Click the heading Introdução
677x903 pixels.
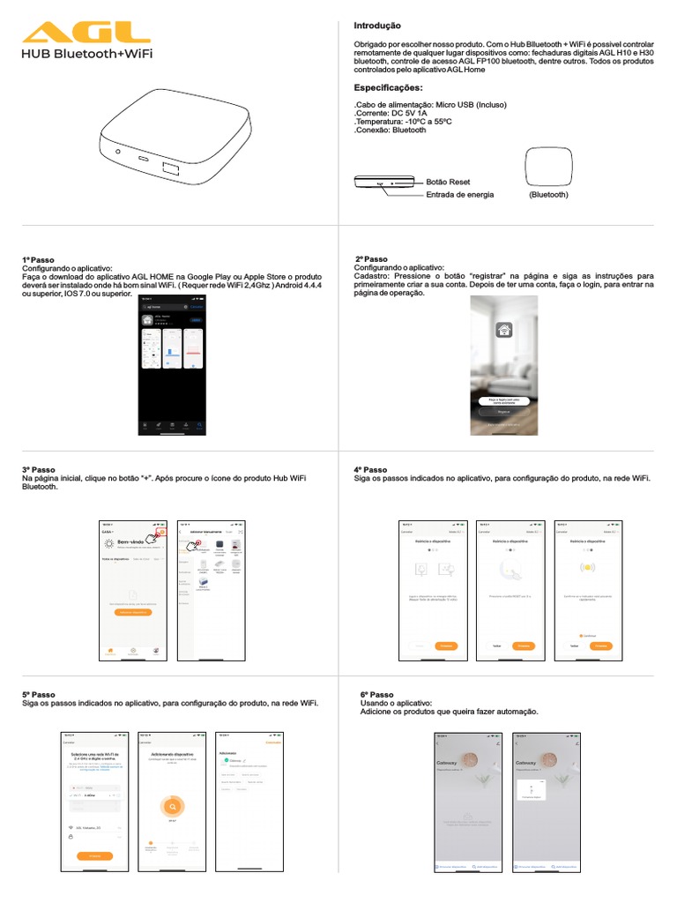click(x=376, y=26)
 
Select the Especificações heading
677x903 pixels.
click(x=388, y=88)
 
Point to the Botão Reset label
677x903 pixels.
click(x=448, y=182)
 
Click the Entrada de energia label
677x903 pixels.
click(x=459, y=194)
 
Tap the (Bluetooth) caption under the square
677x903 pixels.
click(x=548, y=194)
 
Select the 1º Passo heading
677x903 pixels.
click(x=38, y=260)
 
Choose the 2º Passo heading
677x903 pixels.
click(x=371, y=259)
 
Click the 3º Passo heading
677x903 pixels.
click(x=38, y=470)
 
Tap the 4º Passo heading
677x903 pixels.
click(x=370, y=470)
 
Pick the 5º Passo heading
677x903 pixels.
click(x=38, y=695)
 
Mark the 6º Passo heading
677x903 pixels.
click(x=377, y=695)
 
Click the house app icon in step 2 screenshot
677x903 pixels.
click(x=504, y=331)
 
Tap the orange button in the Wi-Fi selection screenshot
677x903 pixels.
click(x=94, y=855)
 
